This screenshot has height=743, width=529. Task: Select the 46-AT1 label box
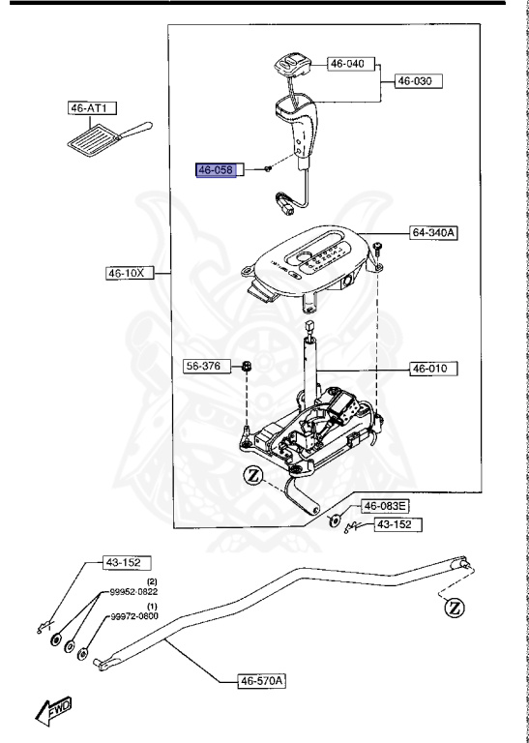coord(87,109)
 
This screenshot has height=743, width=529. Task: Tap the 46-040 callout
coord(348,64)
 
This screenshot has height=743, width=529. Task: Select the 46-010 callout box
coord(434,369)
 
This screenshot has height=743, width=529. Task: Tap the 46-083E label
coord(386,506)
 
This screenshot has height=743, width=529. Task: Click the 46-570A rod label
coord(262,681)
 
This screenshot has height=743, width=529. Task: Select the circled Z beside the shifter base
coord(253,475)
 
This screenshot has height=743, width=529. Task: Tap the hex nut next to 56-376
coord(247,367)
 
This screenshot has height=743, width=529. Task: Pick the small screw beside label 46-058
coord(265,169)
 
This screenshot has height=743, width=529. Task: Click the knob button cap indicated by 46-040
coord(289,66)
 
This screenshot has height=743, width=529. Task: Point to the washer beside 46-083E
coord(336,520)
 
